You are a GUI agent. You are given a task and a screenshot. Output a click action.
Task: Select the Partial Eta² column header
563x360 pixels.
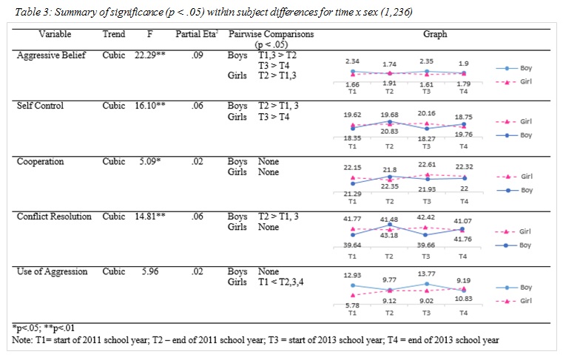[x=195, y=35]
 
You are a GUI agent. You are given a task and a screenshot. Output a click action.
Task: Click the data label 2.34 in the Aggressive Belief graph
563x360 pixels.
[x=352, y=63]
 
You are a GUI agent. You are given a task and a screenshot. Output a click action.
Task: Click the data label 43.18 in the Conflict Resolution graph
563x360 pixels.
[x=391, y=244]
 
